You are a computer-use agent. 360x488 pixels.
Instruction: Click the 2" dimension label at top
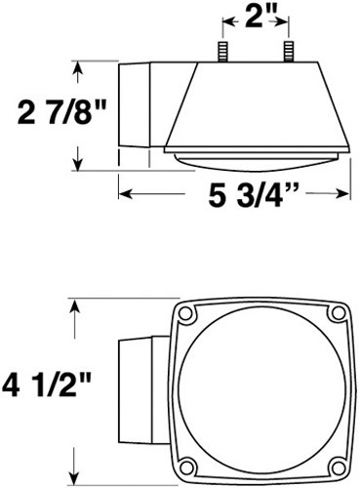coord(260,18)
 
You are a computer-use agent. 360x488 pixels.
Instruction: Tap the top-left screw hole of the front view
coord(186,312)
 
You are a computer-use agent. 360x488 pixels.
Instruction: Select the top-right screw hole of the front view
coord(337,312)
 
